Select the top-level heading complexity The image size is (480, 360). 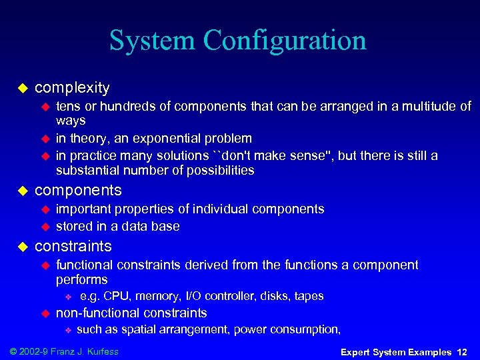(x=72, y=87)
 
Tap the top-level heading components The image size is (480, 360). (x=78, y=190)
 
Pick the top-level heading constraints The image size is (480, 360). (x=73, y=246)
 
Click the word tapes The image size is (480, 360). (x=309, y=296)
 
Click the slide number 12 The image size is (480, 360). (x=462, y=351)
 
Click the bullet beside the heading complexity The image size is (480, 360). (x=21, y=88)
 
